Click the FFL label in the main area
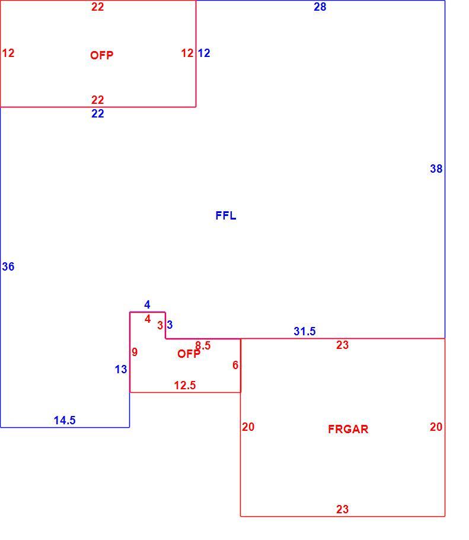[226, 215]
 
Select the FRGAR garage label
[348, 429]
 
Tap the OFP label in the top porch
[101, 55]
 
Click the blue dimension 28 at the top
[320, 7]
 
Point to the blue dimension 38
[436, 169]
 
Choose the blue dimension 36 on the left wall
[8, 266]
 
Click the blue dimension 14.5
[65, 420]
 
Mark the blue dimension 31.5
[305, 331]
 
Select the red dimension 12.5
[185, 385]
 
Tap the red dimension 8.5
[203, 345]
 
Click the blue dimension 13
[121, 370]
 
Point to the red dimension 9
[135, 352]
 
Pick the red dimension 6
[235, 365]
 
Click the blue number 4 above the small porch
[147, 305]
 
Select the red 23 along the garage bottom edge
[342, 509]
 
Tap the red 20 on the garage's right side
[436, 427]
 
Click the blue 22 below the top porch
[98, 114]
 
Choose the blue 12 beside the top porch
[204, 53]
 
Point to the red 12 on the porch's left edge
[8, 53]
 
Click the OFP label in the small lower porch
[189, 354]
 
